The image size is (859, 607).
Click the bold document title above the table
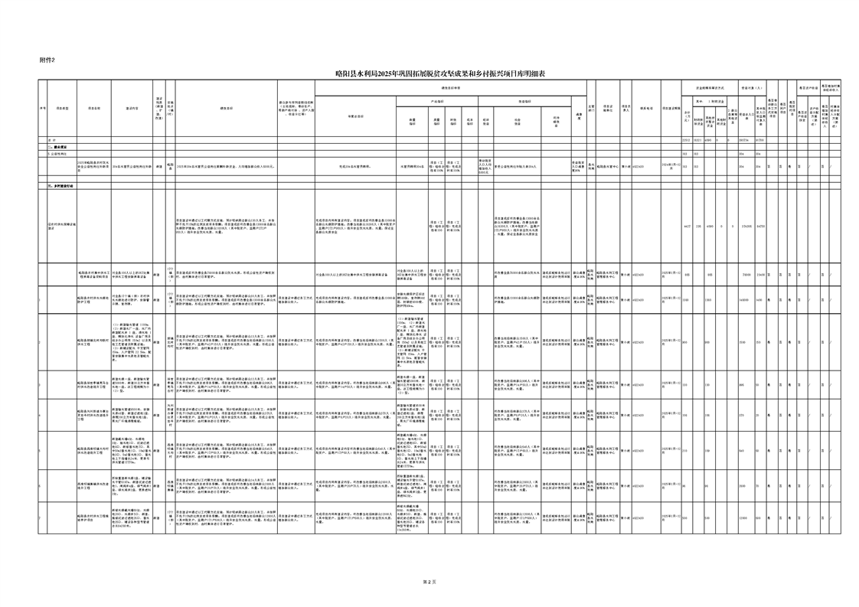pyautogui.click(x=440, y=73)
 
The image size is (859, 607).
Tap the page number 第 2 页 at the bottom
pyautogui.click(x=429, y=583)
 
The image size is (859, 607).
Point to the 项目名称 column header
pyautogui.click(x=94, y=109)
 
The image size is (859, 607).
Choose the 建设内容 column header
pyautogui.click(x=132, y=109)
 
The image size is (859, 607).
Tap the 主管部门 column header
pyautogui.click(x=590, y=109)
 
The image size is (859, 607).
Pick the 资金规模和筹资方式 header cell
pyautogui.click(x=705, y=88)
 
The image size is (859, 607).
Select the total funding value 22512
pyautogui.click(x=686, y=140)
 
